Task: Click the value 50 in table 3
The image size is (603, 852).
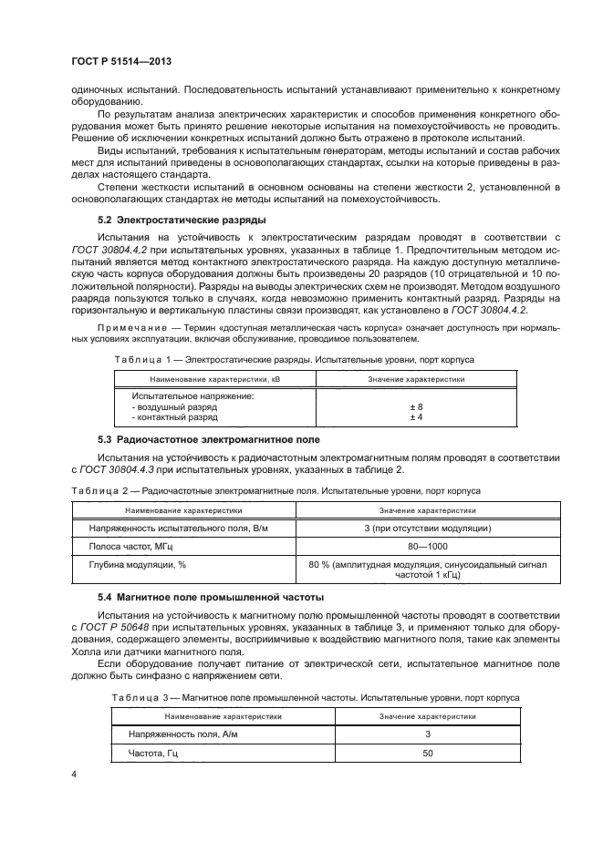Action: point(428,753)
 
